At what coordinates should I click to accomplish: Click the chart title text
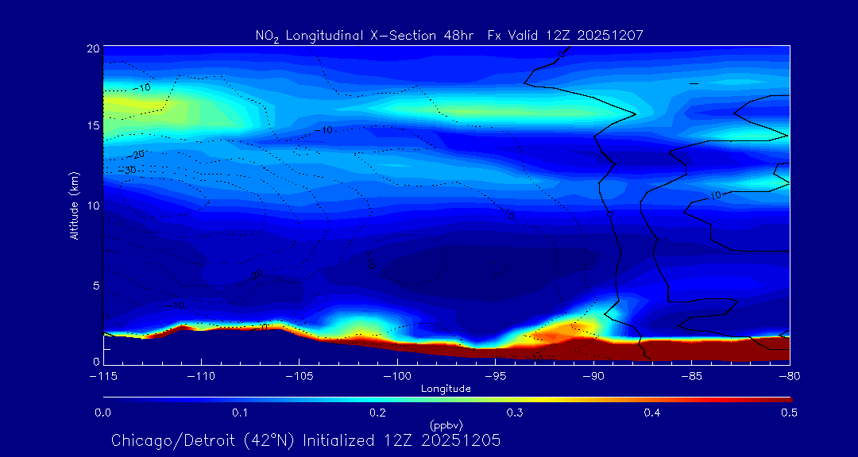[449, 35]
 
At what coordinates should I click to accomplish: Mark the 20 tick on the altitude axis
[93, 48]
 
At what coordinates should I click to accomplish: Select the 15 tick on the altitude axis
[93, 126]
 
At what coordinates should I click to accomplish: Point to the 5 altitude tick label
[95, 284]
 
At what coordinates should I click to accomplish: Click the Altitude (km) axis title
[74, 205]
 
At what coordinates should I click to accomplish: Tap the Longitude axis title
[446, 388]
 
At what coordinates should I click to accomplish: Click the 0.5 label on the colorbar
[790, 413]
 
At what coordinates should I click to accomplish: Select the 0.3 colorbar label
[515, 413]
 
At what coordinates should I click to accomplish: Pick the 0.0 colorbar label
[103, 413]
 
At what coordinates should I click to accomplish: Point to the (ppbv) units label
[446, 424]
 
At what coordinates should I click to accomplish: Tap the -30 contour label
[127, 170]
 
